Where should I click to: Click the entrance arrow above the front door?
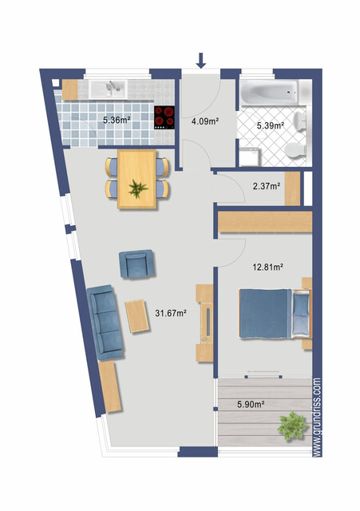tap(200, 60)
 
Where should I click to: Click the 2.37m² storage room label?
tap(267, 187)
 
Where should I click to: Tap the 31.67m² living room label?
tap(170, 312)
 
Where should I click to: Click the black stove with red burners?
tap(164, 117)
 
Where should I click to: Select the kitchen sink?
tap(106, 87)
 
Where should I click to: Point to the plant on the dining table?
tap(138, 188)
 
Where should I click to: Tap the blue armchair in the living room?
tap(136, 263)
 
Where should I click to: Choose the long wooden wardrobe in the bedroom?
tap(264, 220)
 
